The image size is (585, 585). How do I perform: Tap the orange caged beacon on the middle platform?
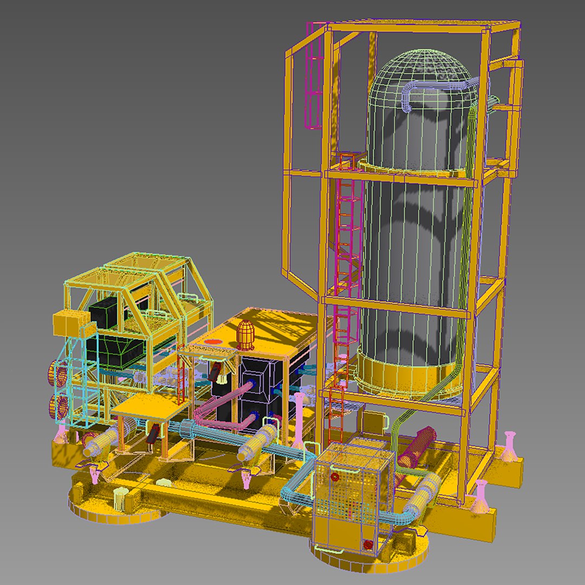(245, 334)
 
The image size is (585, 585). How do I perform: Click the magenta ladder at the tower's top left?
(314, 76)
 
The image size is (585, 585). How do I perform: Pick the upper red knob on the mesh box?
(334, 478)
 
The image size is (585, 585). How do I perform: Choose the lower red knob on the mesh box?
(368, 544)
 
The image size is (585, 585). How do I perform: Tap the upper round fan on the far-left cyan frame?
(60, 374)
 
